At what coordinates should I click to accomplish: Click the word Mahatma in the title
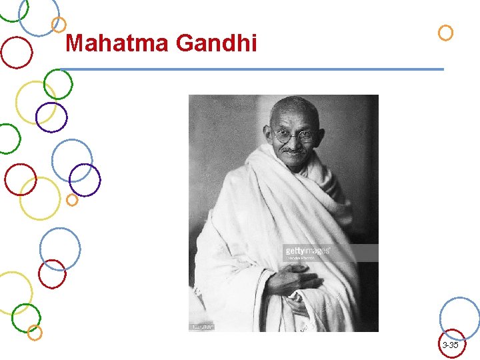click(118, 44)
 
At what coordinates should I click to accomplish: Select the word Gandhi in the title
click(217, 44)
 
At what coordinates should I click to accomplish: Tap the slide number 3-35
click(450, 345)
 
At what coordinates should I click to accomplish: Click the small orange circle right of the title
click(445, 32)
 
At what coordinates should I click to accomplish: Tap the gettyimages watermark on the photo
click(307, 251)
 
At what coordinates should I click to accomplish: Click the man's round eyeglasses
click(293, 137)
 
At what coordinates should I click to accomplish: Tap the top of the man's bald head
click(293, 104)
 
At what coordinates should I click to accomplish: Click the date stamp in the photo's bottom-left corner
click(203, 327)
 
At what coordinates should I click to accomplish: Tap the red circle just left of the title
click(16, 52)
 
